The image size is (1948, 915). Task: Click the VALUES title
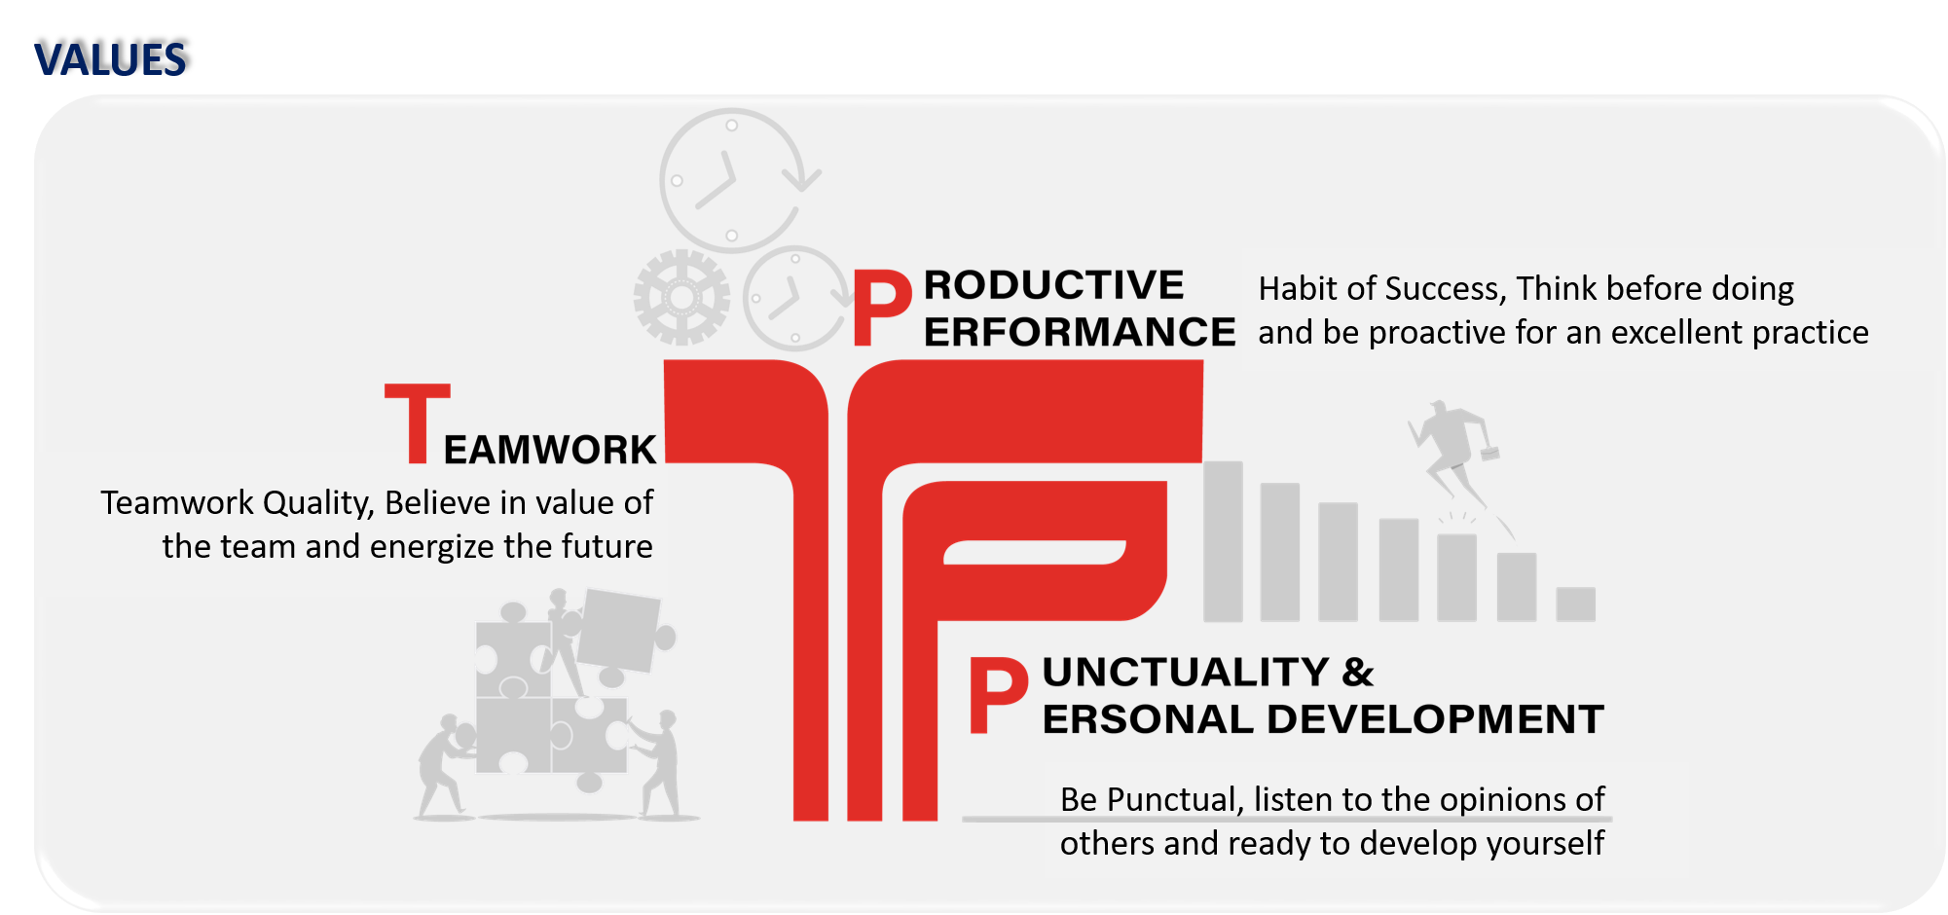coord(109,60)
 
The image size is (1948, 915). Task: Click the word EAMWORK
coord(550,450)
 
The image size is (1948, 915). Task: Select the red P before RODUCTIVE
coord(881,309)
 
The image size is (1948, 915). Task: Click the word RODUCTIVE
coord(1053,285)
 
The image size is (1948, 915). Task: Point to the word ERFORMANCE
coord(1079,333)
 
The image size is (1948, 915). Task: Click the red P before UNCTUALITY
coord(998,695)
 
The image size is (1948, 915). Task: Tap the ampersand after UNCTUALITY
coord(1357,673)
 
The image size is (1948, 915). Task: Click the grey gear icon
coord(681,297)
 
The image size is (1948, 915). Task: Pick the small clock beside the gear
coord(793,299)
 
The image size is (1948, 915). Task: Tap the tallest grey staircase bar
coord(1223,540)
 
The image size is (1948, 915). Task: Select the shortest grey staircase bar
coord(1575,604)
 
